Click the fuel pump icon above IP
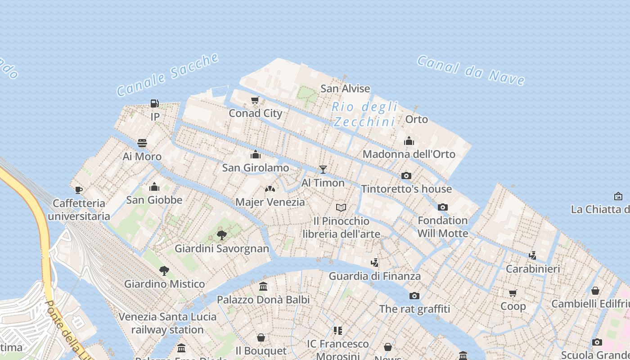point(154,103)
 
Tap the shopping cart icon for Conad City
point(255,100)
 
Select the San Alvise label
point(345,89)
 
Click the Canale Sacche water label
point(167,75)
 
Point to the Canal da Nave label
point(471,70)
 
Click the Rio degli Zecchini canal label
point(364,114)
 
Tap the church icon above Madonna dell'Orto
point(409,141)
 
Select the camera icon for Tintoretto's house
point(406,175)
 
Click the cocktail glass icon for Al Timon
point(323,169)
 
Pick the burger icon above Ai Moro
point(142,143)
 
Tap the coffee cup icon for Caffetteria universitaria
point(79,190)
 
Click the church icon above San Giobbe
point(154,187)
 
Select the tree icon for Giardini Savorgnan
point(222,235)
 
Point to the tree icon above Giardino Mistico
point(164,270)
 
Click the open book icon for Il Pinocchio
point(342,207)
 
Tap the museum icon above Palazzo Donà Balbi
point(263,286)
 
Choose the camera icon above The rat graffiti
point(414,296)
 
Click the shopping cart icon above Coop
point(513,293)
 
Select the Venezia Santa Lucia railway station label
point(167,323)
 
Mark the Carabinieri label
point(533,269)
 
